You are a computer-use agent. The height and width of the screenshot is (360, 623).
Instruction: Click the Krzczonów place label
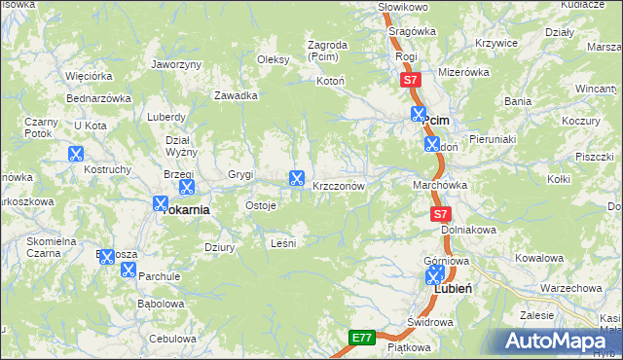tap(339, 186)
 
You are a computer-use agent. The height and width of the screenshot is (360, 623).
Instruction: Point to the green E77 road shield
tap(362, 338)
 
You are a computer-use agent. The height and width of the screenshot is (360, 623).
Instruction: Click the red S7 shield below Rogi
tap(412, 81)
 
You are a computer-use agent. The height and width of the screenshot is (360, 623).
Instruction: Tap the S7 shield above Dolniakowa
tap(441, 213)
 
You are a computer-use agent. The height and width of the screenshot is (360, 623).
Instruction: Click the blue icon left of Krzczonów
tap(296, 179)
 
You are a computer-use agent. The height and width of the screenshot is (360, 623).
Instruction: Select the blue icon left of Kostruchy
tap(75, 154)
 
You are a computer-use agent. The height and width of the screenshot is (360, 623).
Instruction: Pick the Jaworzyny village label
tap(176, 64)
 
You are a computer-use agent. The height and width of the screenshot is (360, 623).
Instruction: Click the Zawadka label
tap(236, 95)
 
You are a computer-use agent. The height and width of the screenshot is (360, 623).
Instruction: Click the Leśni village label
tap(282, 242)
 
